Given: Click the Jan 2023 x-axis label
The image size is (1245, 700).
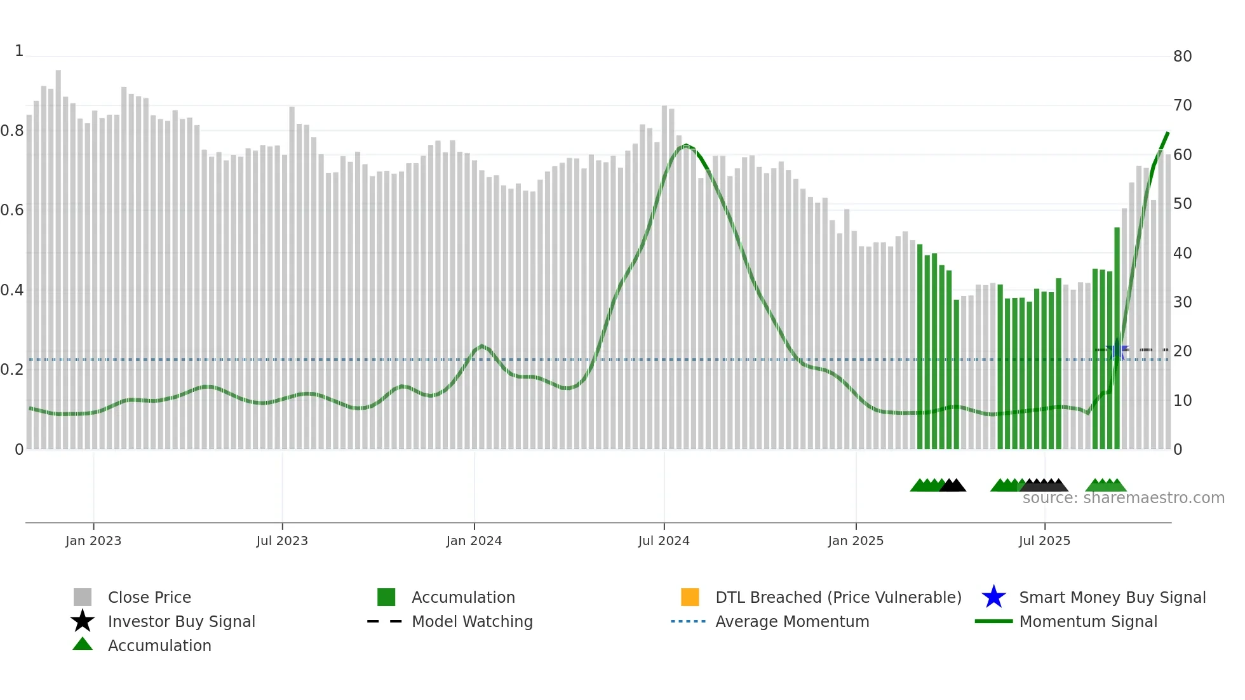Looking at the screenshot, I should [93, 541].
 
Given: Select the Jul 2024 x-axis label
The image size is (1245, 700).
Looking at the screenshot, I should [663, 541].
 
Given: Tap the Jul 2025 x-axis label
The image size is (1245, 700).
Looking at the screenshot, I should [1044, 541].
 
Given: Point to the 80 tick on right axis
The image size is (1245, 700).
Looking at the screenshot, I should [1182, 57].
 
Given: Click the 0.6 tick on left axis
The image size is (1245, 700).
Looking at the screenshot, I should [12, 210].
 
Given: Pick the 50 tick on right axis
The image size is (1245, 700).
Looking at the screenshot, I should [1182, 204].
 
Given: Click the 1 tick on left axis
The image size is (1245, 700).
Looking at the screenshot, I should [19, 51].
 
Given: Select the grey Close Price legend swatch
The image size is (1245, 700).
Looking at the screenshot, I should [83, 597].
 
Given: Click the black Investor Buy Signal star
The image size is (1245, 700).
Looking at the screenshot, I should [83, 621].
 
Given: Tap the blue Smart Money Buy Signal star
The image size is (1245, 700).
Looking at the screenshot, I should [993, 597].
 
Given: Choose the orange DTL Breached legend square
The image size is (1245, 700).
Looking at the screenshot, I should [690, 597].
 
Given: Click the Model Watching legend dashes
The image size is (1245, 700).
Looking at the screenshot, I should [384, 621].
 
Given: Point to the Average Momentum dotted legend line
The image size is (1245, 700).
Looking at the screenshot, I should [688, 621].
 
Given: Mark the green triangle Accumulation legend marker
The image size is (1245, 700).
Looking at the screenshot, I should [83, 644].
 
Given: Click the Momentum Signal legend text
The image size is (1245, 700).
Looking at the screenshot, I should [1088, 621].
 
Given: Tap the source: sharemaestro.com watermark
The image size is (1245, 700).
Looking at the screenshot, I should [1123, 498].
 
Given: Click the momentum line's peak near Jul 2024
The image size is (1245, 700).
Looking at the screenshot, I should [685, 145].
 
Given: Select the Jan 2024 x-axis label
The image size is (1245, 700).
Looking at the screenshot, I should [474, 541].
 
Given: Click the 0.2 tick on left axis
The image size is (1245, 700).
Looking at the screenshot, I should [12, 370].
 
